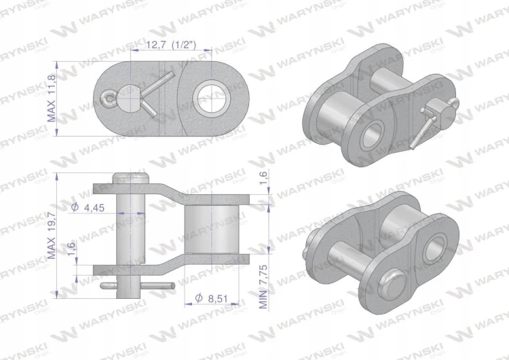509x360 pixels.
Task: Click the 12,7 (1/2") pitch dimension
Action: coord(171,45)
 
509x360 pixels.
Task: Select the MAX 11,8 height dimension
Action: coord(52,98)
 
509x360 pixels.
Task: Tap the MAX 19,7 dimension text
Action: coord(52,234)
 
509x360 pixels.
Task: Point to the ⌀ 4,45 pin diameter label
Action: coord(88,207)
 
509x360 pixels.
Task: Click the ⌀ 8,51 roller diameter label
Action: coord(211,298)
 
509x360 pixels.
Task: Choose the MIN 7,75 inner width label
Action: coord(263,287)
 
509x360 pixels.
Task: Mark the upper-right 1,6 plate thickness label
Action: coord(263,177)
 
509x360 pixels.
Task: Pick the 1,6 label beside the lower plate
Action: coord(71,249)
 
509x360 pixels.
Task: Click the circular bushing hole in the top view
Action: coord(212,98)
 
